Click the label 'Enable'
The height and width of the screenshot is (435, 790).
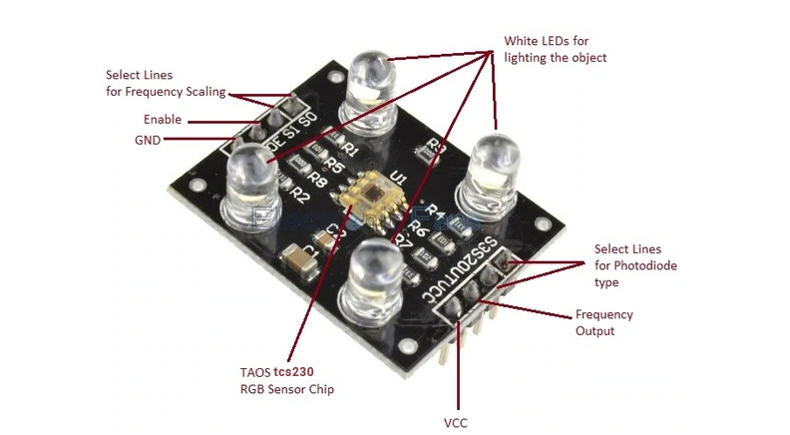tap(163, 120)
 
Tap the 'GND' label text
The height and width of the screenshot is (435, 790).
tap(148, 140)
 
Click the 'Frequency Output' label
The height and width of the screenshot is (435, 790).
tap(603, 322)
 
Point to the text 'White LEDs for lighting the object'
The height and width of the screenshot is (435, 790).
tap(555, 50)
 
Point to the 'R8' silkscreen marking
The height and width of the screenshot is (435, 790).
tap(318, 180)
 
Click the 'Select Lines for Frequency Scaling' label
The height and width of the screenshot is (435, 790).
tap(166, 83)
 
